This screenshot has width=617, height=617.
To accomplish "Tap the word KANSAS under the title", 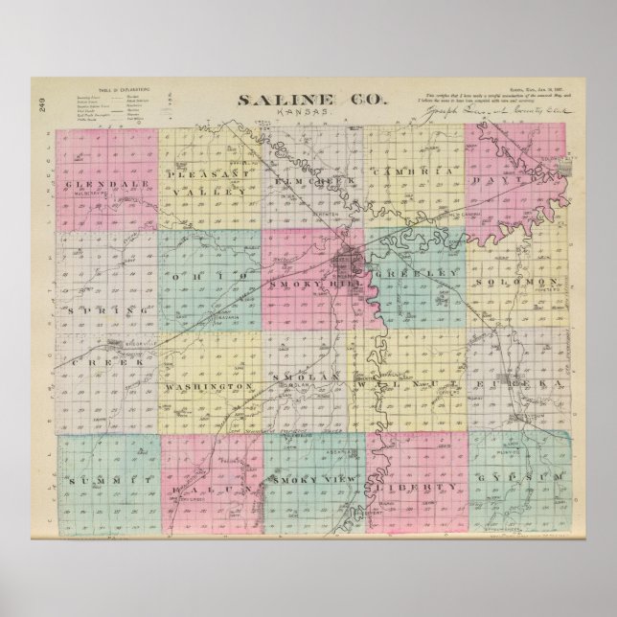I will click(x=316, y=114).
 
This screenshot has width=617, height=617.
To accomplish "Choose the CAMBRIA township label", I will click(x=415, y=172).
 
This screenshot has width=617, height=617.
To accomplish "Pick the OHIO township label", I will click(x=208, y=277).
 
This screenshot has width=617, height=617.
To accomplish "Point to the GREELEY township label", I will click(x=414, y=274).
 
